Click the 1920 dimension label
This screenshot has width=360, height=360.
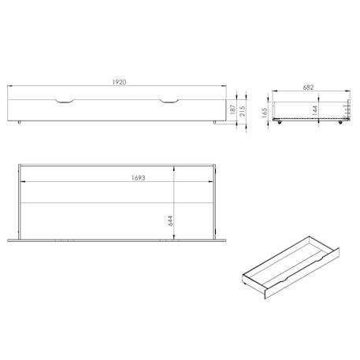tap(119, 82)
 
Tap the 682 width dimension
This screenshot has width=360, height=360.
tap(308, 87)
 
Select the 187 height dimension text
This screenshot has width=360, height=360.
tap(232, 109)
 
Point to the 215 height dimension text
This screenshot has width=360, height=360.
tap(243, 111)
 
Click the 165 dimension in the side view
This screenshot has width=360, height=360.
tap(265, 113)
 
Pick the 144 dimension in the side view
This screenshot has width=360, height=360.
tap(315, 110)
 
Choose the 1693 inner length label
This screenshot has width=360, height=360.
tap(139, 178)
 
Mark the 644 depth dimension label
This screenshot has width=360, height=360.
tap(170, 221)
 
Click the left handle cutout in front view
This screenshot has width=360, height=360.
tap(65, 102)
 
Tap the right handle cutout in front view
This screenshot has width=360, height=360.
tap(169, 102)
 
